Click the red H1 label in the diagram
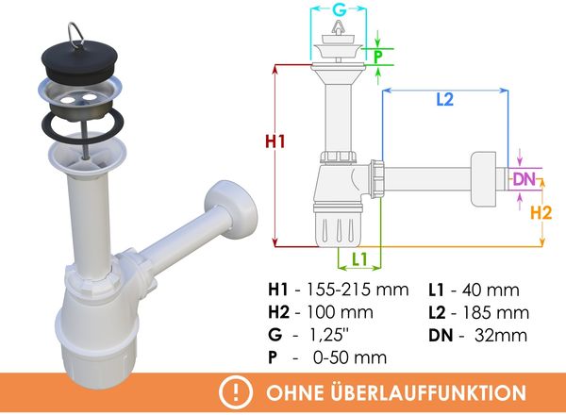[x=275, y=141]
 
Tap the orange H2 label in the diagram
[x=541, y=212]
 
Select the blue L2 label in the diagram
[x=444, y=100]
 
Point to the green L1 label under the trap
[x=359, y=258]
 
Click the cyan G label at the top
[x=339, y=9]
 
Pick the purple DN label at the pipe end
[x=524, y=179]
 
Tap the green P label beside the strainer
[x=378, y=57]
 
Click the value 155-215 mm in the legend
[x=358, y=290]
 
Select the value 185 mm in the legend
[x=495, y=313]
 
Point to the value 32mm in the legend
[x=501, y=335]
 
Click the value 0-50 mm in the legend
[x=350, y=357]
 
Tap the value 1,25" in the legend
[x=329, y=335]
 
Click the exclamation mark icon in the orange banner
[x=236, y=391]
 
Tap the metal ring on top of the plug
[x=75, y=34]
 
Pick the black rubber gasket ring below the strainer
[x=83, y=125]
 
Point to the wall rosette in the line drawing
[x=483, y=179]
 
